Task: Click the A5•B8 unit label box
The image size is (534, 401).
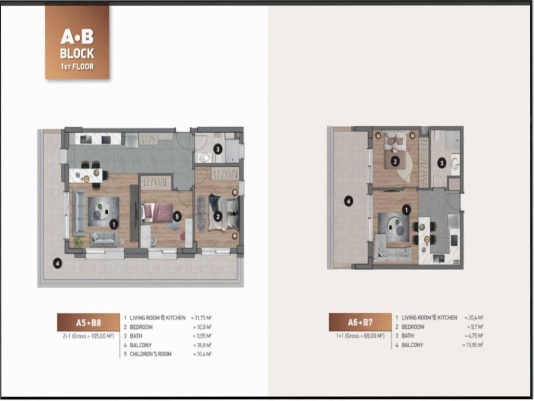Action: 88,322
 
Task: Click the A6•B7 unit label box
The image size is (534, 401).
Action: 360,322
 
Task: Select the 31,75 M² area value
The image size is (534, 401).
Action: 202,318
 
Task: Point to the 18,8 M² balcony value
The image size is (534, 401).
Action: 202,345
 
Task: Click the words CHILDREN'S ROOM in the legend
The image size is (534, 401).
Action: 150,354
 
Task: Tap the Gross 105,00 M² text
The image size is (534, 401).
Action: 88,336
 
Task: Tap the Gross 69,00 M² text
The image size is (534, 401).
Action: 360,336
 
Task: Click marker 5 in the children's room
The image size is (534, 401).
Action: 177,216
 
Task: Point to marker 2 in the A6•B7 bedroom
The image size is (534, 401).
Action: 395,161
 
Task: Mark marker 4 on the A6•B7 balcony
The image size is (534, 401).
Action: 348,202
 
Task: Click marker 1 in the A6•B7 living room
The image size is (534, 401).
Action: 406,210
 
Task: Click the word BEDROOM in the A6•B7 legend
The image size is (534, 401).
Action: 413,327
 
